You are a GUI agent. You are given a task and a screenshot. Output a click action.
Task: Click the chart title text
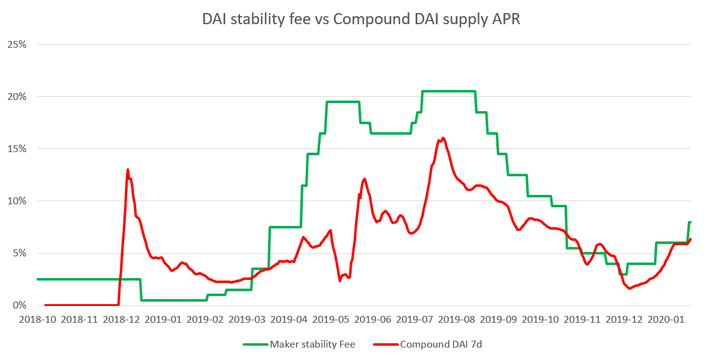pos(360,19)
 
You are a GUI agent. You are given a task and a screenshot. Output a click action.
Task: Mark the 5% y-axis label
pos(18,253)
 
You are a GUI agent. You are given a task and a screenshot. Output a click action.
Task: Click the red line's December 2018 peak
pos(128,169)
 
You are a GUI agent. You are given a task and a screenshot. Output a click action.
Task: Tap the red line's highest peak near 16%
pos(443,138)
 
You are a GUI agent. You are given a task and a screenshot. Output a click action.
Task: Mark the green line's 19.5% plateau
pos(343,102)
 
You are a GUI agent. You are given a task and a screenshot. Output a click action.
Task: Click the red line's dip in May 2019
pos(340,281)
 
